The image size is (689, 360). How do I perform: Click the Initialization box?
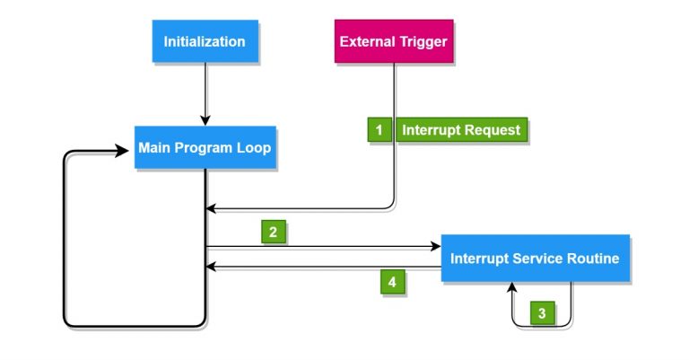click(x=204, y=41)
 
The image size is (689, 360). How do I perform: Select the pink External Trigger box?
click(x=393, y=41)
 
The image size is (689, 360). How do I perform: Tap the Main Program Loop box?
click(x=204, y=148)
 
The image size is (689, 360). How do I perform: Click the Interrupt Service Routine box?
click(x=535, y=259)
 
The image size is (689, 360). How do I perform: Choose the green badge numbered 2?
click(x=274, y=232)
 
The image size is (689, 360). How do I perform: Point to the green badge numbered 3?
click(x=542, y=313)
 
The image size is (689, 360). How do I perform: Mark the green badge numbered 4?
click(x=391, y=282)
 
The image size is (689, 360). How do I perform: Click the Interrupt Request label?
click(x=461, y=130)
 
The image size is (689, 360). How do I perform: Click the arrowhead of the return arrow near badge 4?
click(x=211, y=267)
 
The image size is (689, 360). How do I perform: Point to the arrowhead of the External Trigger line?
click(x=211, y=209)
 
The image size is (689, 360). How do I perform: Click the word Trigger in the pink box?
click(x=423, y=41)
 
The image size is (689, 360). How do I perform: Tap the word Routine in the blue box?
click(x=591, y=259)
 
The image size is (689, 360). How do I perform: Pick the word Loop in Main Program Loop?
click(x=255, y=148)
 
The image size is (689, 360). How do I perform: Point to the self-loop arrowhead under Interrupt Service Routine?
click(x=512, y=286)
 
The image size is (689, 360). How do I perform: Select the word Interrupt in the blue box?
click(x=479, y=259)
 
